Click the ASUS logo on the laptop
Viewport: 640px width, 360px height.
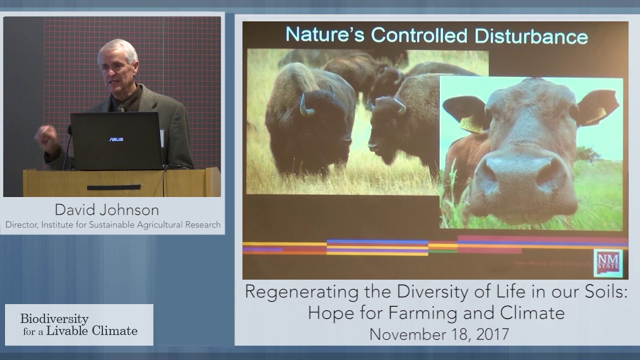tap(116, 139)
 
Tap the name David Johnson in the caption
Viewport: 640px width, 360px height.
tap(106, 209)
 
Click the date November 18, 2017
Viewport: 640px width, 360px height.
tap(438, 333)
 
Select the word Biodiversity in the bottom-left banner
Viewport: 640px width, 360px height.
tap(54, 318)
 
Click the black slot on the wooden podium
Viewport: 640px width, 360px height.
tap(113, 187)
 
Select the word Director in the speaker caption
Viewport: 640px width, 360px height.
tap(20, 224)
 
